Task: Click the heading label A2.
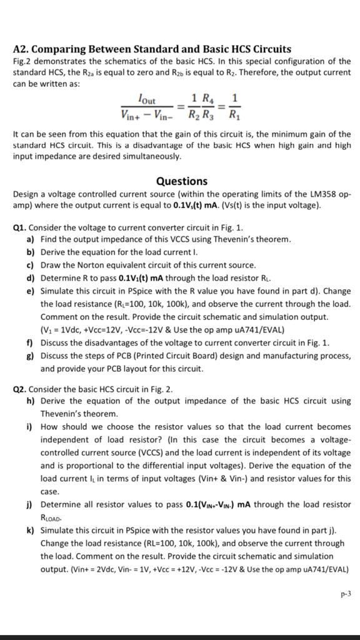click(x=21, y=49)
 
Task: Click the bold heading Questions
click(x=181, y=181)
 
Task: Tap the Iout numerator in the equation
click(x=147, y=100)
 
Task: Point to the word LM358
click(x=324, y=194)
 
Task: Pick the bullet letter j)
click(x=30, y=504)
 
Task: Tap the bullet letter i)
click(x=30, y=427)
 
